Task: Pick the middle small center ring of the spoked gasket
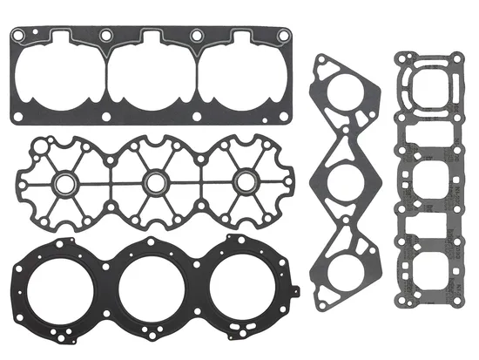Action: (x=154, y=183)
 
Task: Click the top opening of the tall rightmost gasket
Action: (x=427, y=82)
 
